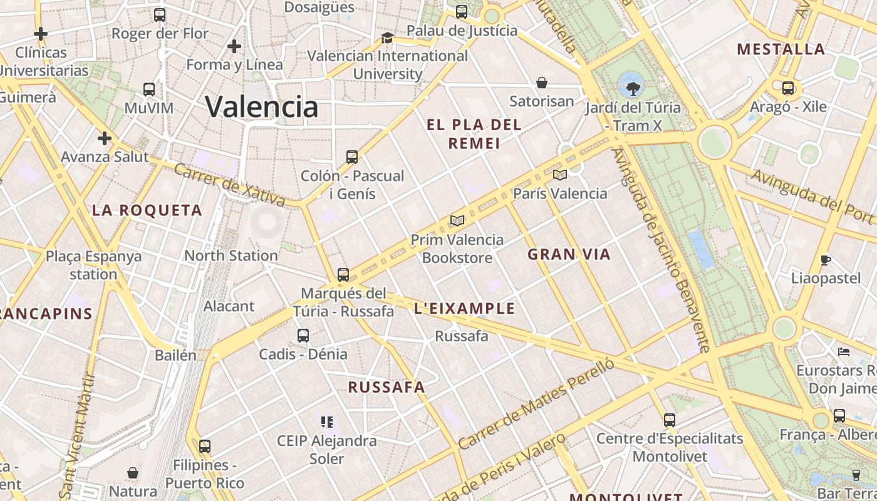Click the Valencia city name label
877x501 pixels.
[262, 106]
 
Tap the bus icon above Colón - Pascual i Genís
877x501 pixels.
[352, 157]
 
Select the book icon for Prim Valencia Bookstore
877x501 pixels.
[457, 220]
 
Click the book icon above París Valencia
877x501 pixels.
[560, 175]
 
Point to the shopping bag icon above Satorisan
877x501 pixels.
[542, 83]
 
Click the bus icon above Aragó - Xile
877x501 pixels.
[788, 88]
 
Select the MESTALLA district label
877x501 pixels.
[781, 49]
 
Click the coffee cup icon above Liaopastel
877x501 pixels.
[826, 260]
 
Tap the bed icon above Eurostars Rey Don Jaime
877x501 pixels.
[844, 352]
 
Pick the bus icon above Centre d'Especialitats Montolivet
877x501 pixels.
[670, 420]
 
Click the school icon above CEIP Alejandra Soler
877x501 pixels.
[326, 422]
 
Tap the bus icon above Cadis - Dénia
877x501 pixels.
[303, 336]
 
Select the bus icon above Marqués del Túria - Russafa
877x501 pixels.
[343, 274]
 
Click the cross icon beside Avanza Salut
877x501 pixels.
[105, 138]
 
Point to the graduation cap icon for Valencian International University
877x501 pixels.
[387, 38]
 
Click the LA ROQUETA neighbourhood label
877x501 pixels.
[147, 210]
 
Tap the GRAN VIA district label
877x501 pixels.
[569, 254]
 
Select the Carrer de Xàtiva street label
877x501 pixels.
[229, 185]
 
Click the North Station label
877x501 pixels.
[231, 256]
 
